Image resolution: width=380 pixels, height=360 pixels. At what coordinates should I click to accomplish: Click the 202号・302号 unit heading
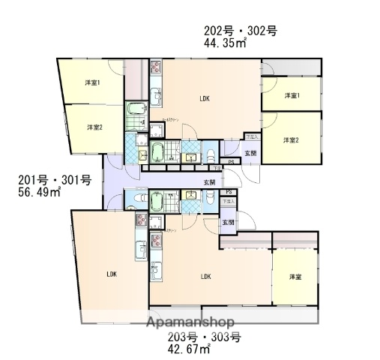(241, 31)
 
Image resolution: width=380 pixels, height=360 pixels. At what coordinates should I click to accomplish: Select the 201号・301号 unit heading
(54, 180)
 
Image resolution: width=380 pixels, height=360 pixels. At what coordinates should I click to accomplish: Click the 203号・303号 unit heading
(204, 337)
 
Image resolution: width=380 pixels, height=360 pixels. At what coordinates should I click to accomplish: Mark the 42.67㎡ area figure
(188, 349)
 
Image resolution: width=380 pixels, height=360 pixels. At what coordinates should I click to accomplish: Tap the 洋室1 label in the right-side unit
(292, 96)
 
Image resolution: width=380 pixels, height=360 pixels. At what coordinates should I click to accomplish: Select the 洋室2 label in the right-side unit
(291, 140)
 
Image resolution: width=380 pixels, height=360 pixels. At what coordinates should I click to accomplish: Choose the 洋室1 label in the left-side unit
(93, 82)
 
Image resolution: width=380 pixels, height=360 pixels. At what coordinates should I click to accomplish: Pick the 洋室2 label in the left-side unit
(93, 127)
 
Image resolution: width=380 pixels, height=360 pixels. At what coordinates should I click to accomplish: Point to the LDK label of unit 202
(204, 98)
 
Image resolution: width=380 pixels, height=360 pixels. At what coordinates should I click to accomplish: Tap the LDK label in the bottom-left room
(111, 273)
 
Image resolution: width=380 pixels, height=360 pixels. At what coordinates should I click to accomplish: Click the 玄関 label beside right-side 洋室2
(251, 153)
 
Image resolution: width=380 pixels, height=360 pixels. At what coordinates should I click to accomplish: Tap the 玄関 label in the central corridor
(209, 182)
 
